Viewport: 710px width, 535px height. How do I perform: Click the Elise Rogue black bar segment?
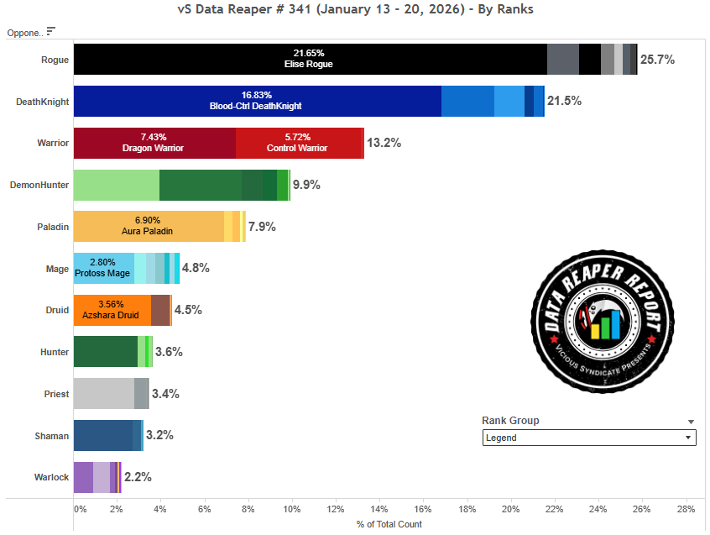click(x=310, y=60)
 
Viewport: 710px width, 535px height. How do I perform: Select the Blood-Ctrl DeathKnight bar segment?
click(x=257, y=101)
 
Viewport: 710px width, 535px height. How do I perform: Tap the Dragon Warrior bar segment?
click(x=154, y=143)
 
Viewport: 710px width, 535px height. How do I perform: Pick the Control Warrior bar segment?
click(x=298, y=143)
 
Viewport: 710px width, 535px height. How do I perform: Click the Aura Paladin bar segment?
click(x=149, y=227)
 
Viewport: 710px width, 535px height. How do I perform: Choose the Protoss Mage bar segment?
click(x=103, y=268)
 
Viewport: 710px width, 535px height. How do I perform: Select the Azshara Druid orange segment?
click(x=112, y=310)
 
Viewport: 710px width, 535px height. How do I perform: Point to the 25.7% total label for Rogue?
click(x=657, y=60)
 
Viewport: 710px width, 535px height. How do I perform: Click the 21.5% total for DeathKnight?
click(x=564, y=101)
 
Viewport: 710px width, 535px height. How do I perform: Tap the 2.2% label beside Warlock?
click(x=138, y=477)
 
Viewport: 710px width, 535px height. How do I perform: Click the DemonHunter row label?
click(x=39, y=185)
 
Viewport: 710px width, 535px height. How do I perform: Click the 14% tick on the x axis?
click(x=378, y=509)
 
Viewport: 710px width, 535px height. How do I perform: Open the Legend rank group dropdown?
click(x=589, y=438)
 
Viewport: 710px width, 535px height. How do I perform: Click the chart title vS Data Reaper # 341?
click(x=355, y=9)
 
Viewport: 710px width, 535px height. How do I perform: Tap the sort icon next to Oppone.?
click(x=51, y=32)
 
